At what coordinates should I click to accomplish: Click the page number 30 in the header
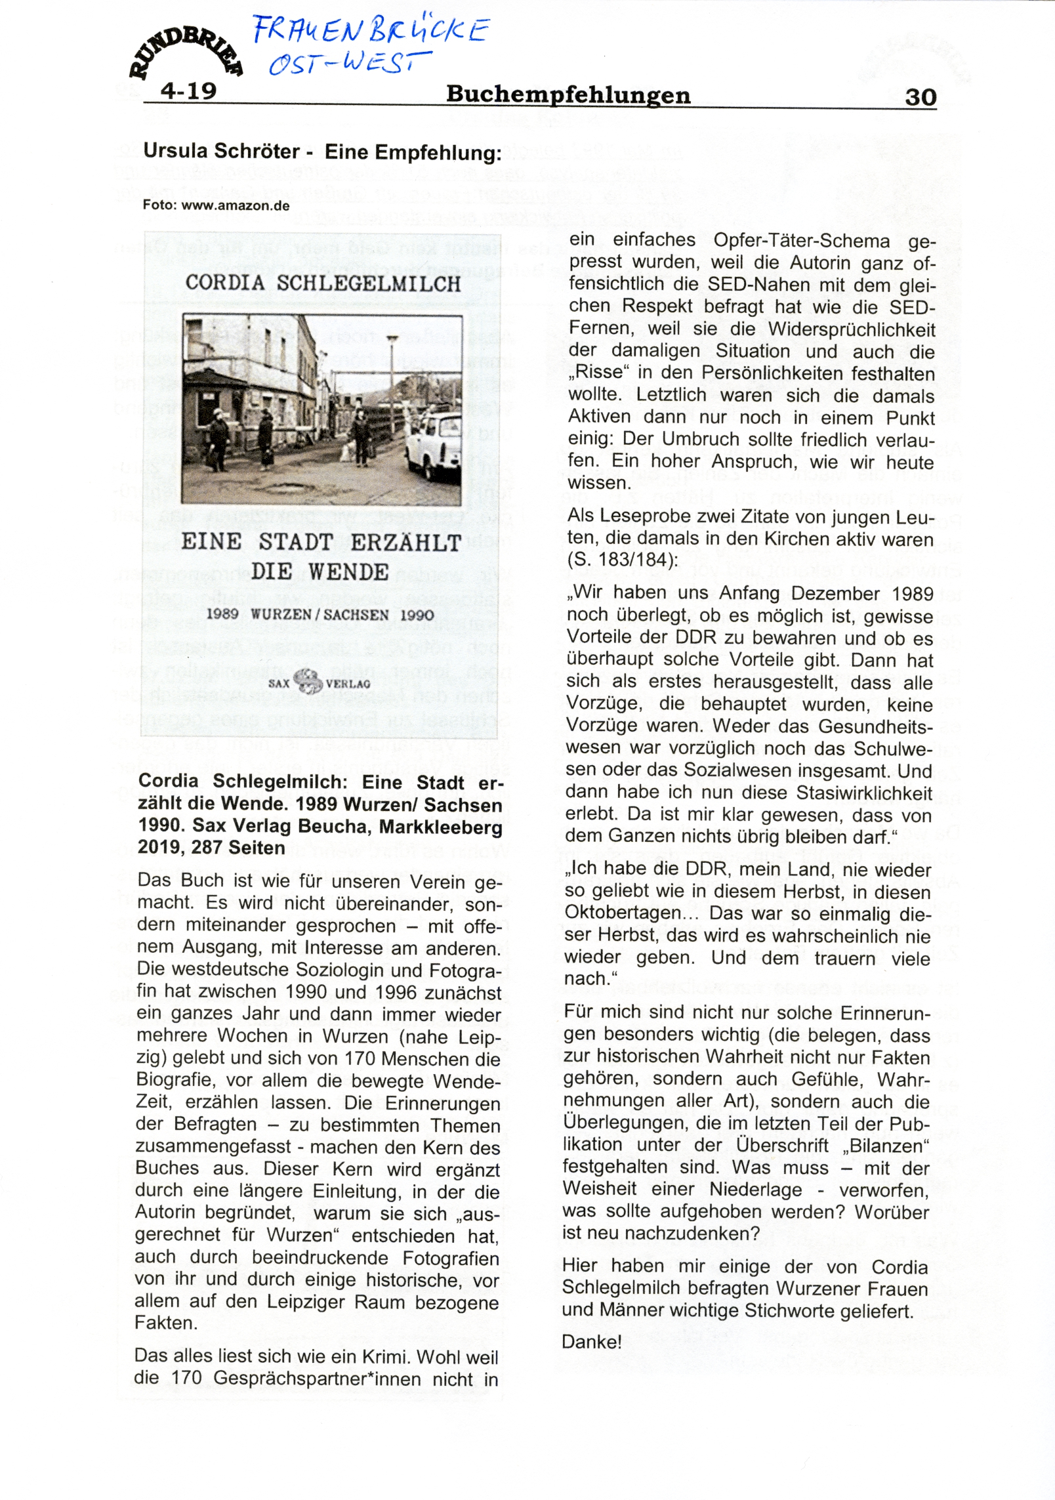[x=920, y=97]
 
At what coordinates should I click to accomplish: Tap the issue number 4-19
[x=189, y=90]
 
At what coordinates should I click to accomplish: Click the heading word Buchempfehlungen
[x=568, y=95]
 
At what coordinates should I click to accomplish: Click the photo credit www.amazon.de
[x=236, y=205]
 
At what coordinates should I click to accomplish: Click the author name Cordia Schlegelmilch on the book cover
[x=323, y=283]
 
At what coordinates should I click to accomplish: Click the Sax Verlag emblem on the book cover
[x=308, y=681]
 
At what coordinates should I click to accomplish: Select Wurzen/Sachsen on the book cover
[x=323, y=615]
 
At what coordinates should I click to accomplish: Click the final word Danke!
[x=591, y=1342]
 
